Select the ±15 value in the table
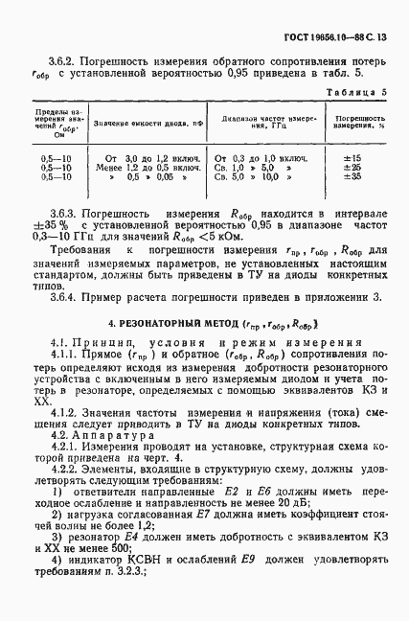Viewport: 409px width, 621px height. pos(352,156)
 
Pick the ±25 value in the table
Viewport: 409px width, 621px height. pos(352,167)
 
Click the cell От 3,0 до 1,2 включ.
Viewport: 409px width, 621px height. pos(150,156)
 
